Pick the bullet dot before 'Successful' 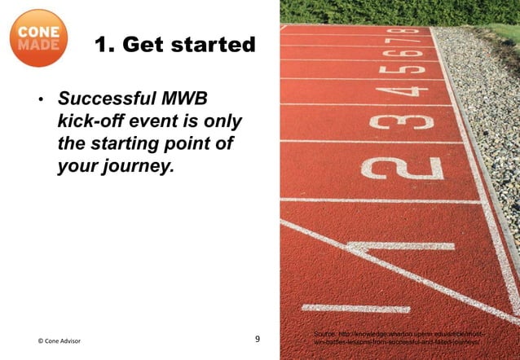[x=38, y=102]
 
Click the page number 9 [x=258, y=338]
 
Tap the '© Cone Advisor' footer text [x=59, y=340]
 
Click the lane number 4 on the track [x=408, y=88]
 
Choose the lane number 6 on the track [x=411, y=51]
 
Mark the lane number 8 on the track [x=413, y=31]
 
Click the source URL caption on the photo [x=399, y=340]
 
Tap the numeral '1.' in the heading [x=105, y=45]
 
